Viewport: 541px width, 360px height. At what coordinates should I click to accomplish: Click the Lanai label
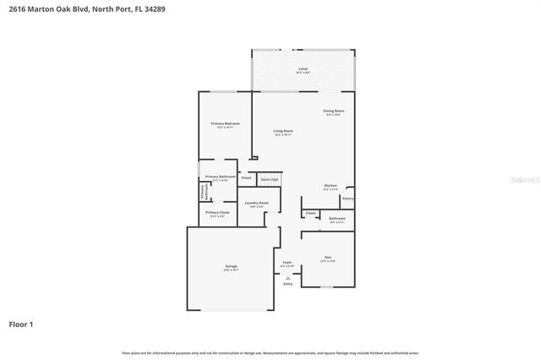point(303,68)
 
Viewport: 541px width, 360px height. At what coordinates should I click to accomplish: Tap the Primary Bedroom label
point(225,124)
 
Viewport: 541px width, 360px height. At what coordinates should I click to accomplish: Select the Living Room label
point(282,131)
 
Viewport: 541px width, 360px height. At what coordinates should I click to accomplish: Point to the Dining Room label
point(333,112)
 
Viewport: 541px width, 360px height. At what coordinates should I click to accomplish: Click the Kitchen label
point(331,186)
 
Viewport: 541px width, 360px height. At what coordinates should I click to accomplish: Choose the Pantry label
point(347,199)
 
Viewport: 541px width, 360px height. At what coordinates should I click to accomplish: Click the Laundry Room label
point(257,204)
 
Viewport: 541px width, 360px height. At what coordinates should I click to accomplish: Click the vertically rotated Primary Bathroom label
point(203,193)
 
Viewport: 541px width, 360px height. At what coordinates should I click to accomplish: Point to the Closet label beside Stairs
point(246,177)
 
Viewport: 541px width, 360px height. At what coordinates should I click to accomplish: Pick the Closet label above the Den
point(311,213)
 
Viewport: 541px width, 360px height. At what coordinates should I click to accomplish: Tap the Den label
point(327,257)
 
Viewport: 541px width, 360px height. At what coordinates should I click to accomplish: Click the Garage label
point(231,267)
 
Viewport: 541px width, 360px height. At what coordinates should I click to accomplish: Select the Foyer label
point(287,263)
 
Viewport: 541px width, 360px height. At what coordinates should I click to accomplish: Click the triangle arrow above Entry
point(287,276)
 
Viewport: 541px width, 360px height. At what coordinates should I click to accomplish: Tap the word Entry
point(287,284)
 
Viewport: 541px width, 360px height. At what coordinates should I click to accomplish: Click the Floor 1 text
point(21,324)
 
